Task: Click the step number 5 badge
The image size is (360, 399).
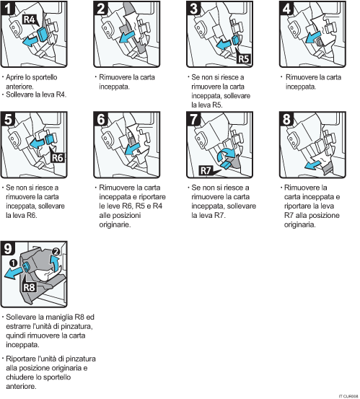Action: click(10, 120)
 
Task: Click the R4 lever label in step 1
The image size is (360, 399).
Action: click(28, 21)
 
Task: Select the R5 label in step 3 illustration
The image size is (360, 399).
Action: click(243, 58)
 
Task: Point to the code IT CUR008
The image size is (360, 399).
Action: click(347, 395)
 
